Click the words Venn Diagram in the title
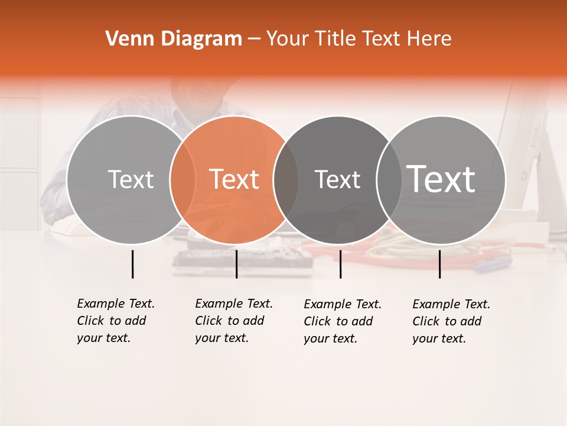pyautogui.click(x=174, y=39)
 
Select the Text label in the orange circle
pyautogui.click(x=234, y=179)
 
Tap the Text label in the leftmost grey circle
pyautogui.click(x=131, y=179)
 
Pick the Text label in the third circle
pyautogui.click(x=337, y=179)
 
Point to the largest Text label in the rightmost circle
pyautogui.click(x=441, y=179)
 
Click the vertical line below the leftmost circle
pyautogui.click(x=132, y=264)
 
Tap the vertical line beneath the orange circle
pyautogui.click(x=236, y=264)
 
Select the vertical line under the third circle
pyautogui.click(x=340, y=264)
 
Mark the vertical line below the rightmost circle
pyautogui.click(x=439, y=264)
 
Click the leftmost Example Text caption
pyautogui.click(x=115, y=321)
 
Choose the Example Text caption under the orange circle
pyautogui.click(x=233, y=321)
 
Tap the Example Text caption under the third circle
pyautogui.click(x=342, y=321)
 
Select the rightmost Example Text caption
pyautogui.click(x=451, y=321)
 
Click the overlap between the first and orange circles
pyautogui.click(x=183, y=179)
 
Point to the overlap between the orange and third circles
pyautogui.click(x=286, y=179)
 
